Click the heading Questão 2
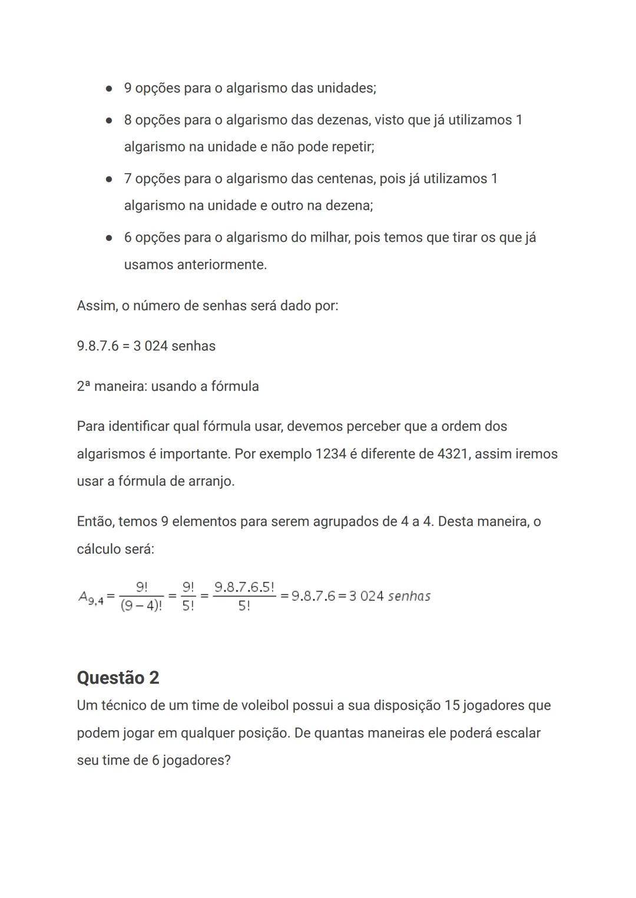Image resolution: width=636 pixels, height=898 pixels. [118, 678]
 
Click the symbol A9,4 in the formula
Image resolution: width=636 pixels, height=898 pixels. [91, 597]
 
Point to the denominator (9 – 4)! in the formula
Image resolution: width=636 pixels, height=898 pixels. [141, 606]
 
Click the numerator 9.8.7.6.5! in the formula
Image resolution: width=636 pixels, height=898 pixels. [244, 587]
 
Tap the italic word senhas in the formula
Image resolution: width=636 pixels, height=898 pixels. [409, 597]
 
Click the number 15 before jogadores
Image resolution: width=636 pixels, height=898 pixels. [452, 705]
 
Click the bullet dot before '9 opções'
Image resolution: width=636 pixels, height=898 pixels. [109, 89]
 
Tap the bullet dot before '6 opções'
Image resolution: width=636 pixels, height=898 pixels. [109, 238]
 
